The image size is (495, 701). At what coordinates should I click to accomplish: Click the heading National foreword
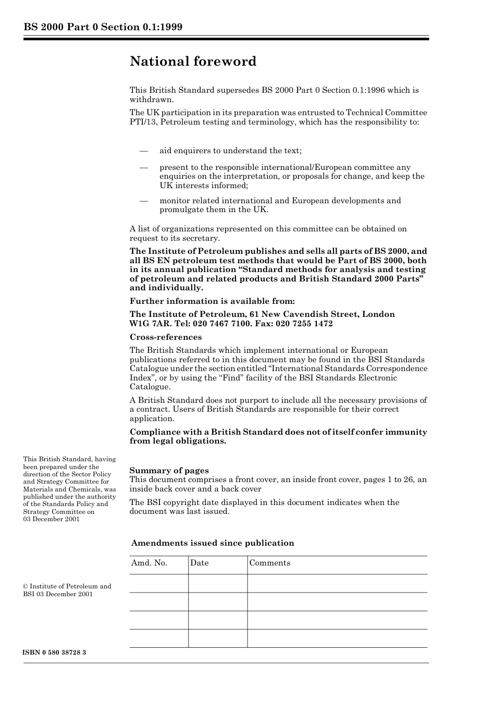(x=193, y=62)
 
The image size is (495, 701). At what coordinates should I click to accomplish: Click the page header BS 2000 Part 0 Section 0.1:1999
(x=103, y=27)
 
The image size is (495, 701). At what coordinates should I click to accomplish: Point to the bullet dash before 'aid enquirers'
(x=144, y=151)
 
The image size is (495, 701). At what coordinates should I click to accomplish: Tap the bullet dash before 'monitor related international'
(x=144, y=201)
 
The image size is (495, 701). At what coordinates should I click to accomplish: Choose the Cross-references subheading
(x=165, y=337)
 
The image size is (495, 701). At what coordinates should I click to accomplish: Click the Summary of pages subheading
(x=169, y=471)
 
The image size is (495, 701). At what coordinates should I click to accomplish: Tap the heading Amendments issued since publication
(x=213, y=543)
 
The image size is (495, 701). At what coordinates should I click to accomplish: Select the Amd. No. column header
(x=149, y=563)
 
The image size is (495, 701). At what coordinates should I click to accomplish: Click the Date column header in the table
(x=199, y=563)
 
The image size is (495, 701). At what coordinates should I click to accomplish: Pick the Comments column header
(x=270, y=563)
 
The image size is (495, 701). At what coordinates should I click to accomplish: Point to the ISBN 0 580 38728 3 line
(x=54, y=653)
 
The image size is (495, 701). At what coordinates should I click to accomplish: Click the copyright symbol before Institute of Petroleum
(x=26, y=586)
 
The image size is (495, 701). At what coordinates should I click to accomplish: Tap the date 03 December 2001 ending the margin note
(x=51, y=519)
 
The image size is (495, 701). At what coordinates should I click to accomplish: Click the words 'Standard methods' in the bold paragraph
(x=276, y=270)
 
